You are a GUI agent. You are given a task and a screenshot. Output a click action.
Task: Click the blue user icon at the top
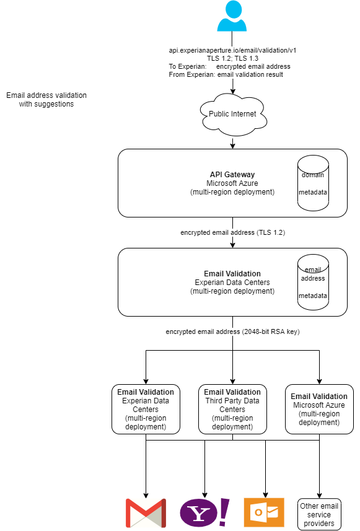(232, 17)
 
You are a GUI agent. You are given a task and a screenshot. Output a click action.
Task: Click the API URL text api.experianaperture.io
(232, 50)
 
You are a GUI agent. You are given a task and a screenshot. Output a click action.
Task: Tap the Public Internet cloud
(232, 114)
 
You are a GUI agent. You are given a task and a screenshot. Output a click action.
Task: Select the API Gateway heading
(232, 175)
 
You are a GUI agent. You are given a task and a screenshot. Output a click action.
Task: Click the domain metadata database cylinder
(313, 183)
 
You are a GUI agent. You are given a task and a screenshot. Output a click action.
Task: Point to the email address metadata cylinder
(313, 283)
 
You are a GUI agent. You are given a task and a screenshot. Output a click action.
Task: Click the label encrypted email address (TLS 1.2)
(232, 233)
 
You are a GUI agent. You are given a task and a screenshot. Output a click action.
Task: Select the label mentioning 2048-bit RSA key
(232, 332)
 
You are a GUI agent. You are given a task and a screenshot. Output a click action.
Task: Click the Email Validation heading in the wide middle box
(232, 274)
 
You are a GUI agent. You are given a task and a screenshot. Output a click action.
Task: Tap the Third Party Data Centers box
(232, 409)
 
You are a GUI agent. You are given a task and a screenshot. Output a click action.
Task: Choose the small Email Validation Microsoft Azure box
(319, 409)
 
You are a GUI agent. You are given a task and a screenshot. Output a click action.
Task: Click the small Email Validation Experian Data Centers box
(146, 409)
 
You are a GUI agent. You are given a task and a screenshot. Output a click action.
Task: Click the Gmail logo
(146, 513)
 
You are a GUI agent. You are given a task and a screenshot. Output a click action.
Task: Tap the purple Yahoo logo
(204, 513)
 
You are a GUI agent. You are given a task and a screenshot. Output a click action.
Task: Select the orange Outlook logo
(263, 513)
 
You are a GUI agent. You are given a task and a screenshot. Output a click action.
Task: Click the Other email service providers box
(319, 514)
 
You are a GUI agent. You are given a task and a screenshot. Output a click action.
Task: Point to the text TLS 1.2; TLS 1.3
(232, 58)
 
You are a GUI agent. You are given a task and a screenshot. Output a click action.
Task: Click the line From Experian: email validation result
(226, 74)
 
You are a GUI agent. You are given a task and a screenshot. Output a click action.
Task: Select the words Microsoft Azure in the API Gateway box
(232, 183)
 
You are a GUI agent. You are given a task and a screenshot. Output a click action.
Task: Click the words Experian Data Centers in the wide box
(232, 283)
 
